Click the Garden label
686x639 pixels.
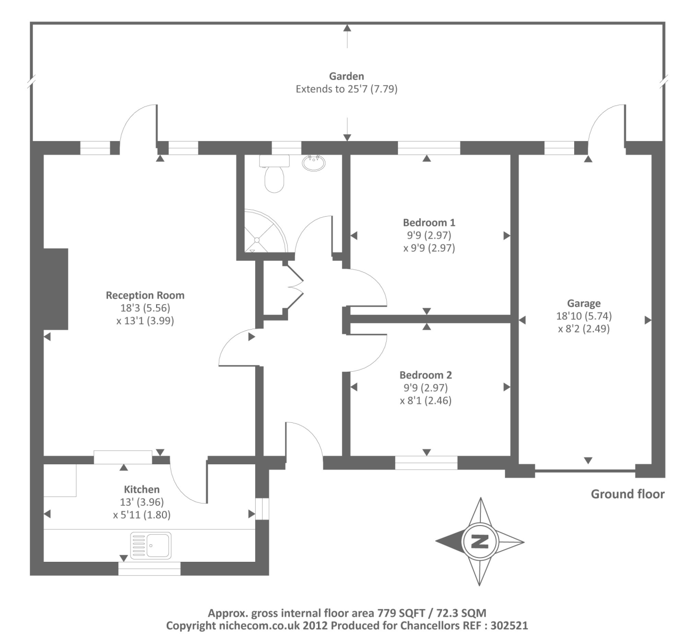tap(346, 76)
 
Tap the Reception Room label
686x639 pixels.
tap(145, 295)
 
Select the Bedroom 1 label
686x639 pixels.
tap(429, 222)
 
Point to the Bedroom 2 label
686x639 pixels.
tap(426, 375)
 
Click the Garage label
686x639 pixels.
tap(584, 304)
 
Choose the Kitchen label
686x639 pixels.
tap(142, 489)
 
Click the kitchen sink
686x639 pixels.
tap(151, 545)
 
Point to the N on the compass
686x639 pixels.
tap(480, 542)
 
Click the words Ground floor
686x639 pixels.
tap(627, 494)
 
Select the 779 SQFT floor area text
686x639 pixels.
tap(400, 613)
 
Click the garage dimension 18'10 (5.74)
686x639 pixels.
tap(584, 316)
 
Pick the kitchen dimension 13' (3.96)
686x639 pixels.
tap(142, 502)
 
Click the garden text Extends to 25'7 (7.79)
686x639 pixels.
tap(346, 89)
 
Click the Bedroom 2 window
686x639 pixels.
tap(426, 462)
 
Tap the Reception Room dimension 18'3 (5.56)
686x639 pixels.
tap(145, 308)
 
